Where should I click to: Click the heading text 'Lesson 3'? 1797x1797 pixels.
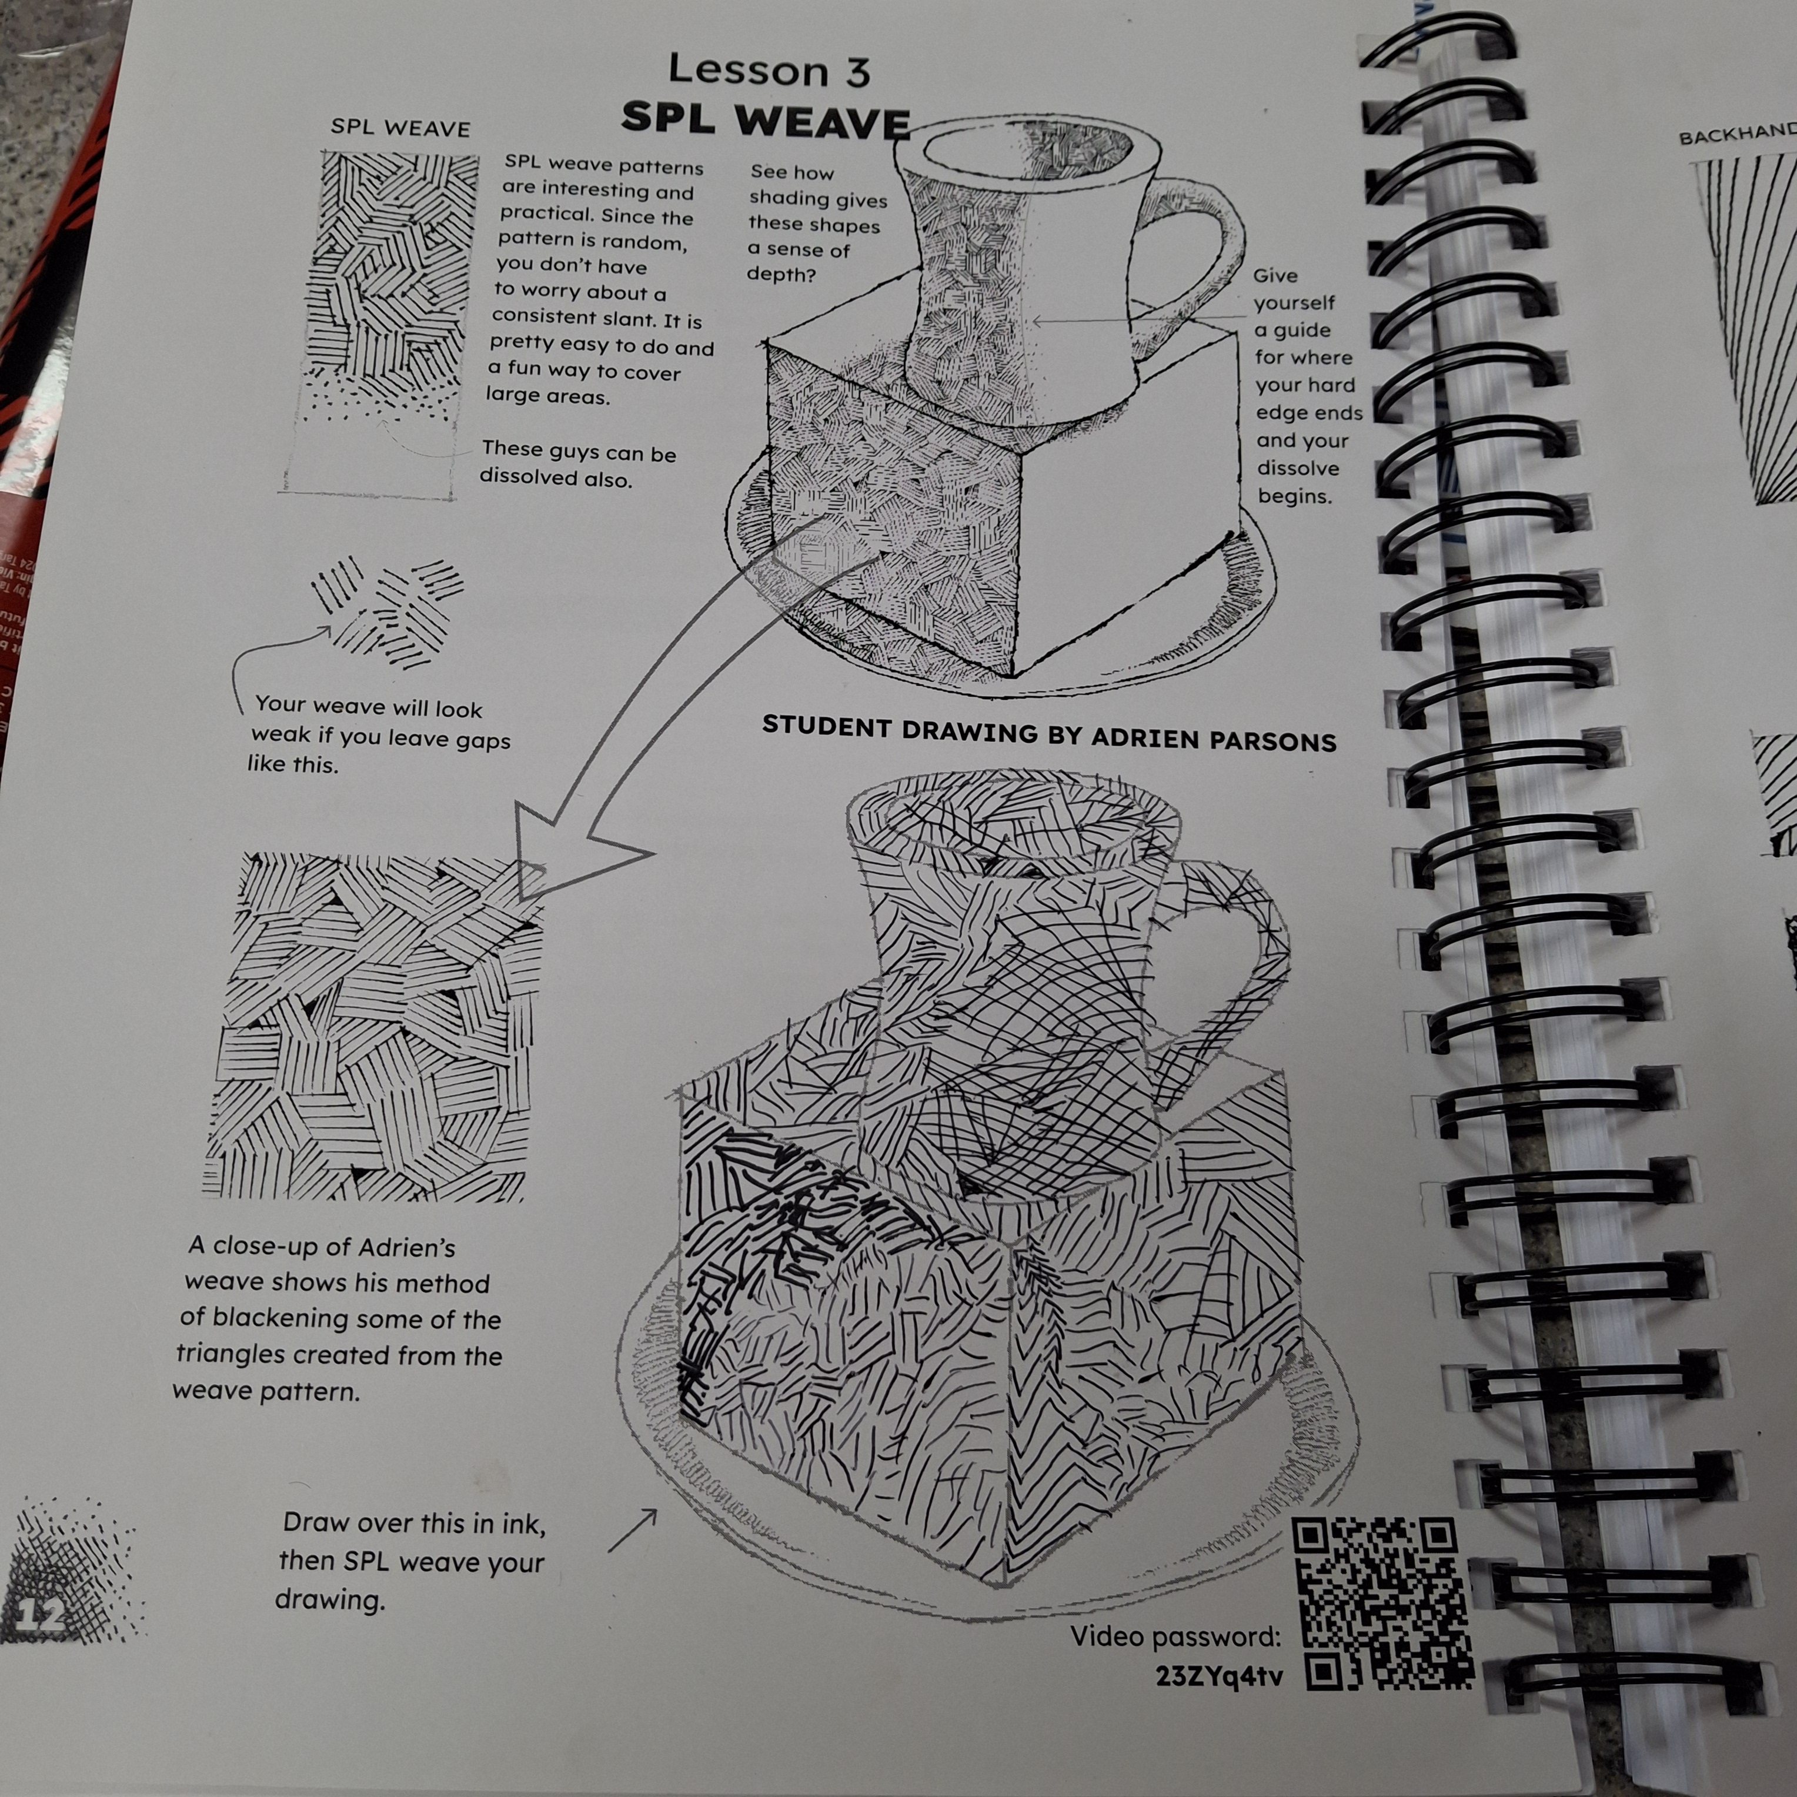tap(769, 71)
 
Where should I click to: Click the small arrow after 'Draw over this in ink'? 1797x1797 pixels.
tap(633, 1530)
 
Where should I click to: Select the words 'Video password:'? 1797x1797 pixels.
tap(1175, 1636)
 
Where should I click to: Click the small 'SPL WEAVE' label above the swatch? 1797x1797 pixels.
tap(400, 128)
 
